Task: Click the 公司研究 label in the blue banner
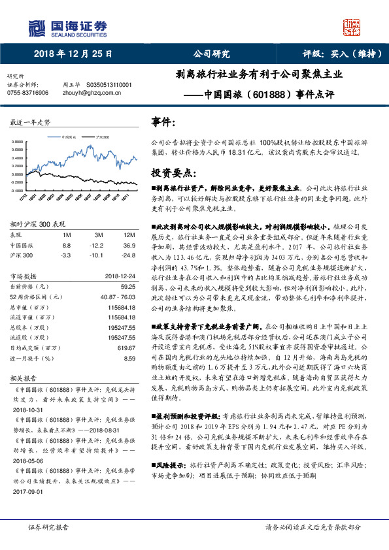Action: [x=211, y=54]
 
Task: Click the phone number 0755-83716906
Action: [x=27, y=93]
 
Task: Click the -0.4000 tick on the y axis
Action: [x=19, y=191]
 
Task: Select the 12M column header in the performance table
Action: [x=128, y=234]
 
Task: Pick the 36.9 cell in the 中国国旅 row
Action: [x=129, y=244]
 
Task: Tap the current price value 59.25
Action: [x=127, y=286]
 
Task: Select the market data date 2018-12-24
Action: [x=120, y=276]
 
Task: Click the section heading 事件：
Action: [x=163, y=122]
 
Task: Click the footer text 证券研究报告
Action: [x=48, y=526]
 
